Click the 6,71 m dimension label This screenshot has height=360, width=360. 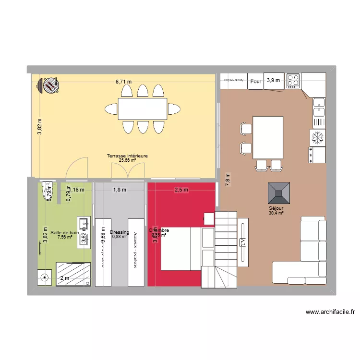tap(123, 82)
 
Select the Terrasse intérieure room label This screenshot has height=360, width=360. tap(127, 156)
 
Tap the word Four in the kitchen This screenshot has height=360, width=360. tap(256, 82)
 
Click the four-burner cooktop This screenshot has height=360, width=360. tap(293, 81)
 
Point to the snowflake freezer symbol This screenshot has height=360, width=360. tap(317, 138)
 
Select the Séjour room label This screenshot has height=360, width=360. tap(276, 209)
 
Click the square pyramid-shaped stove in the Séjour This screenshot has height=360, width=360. tap(279, 192)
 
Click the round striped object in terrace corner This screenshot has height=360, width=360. tap(50, 85)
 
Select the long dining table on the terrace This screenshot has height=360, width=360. tap(143, 109)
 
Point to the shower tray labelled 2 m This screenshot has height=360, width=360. tap(73, 275)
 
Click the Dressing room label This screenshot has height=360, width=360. tap(120, 232)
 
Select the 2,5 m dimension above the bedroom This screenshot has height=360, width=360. tap(181, 190)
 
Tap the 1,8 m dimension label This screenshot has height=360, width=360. tap(120, 190)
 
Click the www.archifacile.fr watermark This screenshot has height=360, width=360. tap(330, 312)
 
